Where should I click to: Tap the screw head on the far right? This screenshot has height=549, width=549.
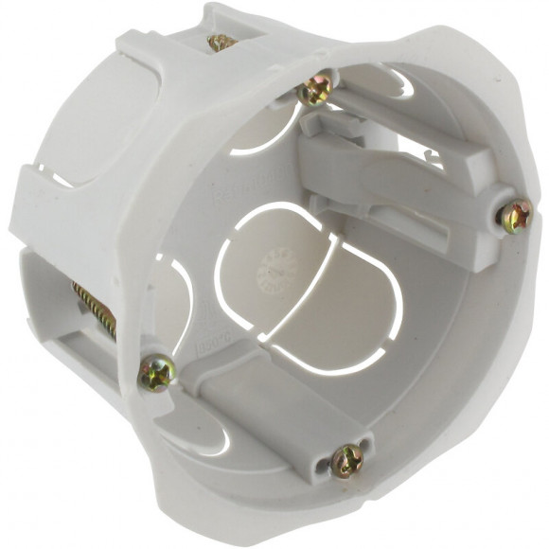point(516,218)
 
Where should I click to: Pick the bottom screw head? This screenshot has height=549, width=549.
point(347,461)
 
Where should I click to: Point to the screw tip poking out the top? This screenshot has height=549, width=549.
point(221,42)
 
